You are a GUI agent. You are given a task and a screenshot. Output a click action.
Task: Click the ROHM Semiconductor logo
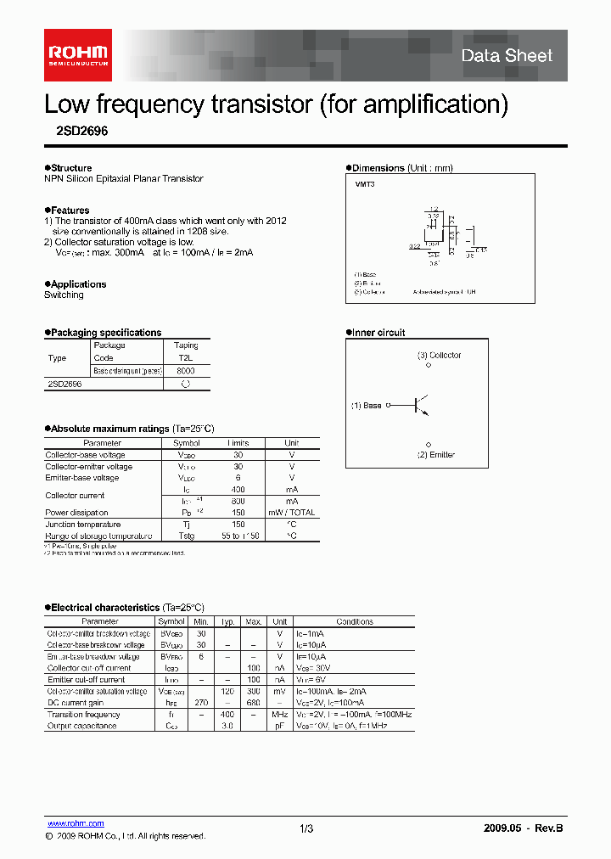(x=77, y=55)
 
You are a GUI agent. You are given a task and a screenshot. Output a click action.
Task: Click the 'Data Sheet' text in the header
(x=507, y=56)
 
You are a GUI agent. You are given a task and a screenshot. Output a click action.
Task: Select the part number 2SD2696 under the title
(x=76, y=132)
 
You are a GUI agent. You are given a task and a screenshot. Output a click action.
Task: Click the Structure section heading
(x=70, y=168)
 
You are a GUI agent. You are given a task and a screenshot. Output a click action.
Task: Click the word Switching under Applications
(x=64, y=295)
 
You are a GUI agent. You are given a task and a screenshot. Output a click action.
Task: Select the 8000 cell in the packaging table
(x=186, y=371)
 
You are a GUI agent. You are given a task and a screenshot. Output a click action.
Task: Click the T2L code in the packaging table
(x=186, y=358)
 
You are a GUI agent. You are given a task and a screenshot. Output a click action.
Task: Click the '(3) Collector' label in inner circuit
(x=439, y=355)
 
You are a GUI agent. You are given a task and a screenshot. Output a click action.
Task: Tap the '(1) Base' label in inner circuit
(x=367, y=406)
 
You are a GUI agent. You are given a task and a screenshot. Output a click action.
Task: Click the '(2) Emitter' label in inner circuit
(x=435, y=455)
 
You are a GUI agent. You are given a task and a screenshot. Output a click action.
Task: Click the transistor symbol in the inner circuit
(x=420, y=406)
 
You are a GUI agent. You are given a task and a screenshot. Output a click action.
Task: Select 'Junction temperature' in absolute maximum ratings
(x=82, y=525)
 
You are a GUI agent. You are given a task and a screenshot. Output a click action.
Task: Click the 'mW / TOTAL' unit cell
(x=291, y=513)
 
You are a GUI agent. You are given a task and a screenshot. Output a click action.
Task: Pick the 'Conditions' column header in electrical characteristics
(x=355, y=621)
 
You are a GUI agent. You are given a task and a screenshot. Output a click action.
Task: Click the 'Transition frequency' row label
(x=83, y=714)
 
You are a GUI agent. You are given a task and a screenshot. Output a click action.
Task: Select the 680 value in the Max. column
(x=253, y=703)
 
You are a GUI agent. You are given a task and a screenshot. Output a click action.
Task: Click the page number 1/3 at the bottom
(x=306, y=828)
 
